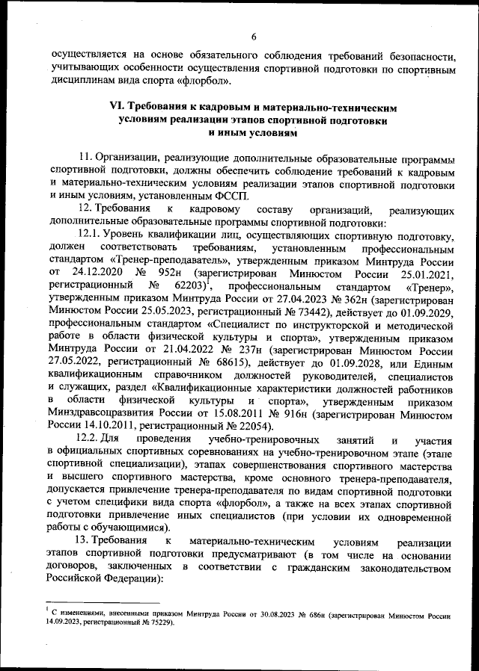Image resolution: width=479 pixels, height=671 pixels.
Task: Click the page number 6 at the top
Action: [x=254, y=37]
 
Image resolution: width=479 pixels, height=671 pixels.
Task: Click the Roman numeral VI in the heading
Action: [x=118, y=108]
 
